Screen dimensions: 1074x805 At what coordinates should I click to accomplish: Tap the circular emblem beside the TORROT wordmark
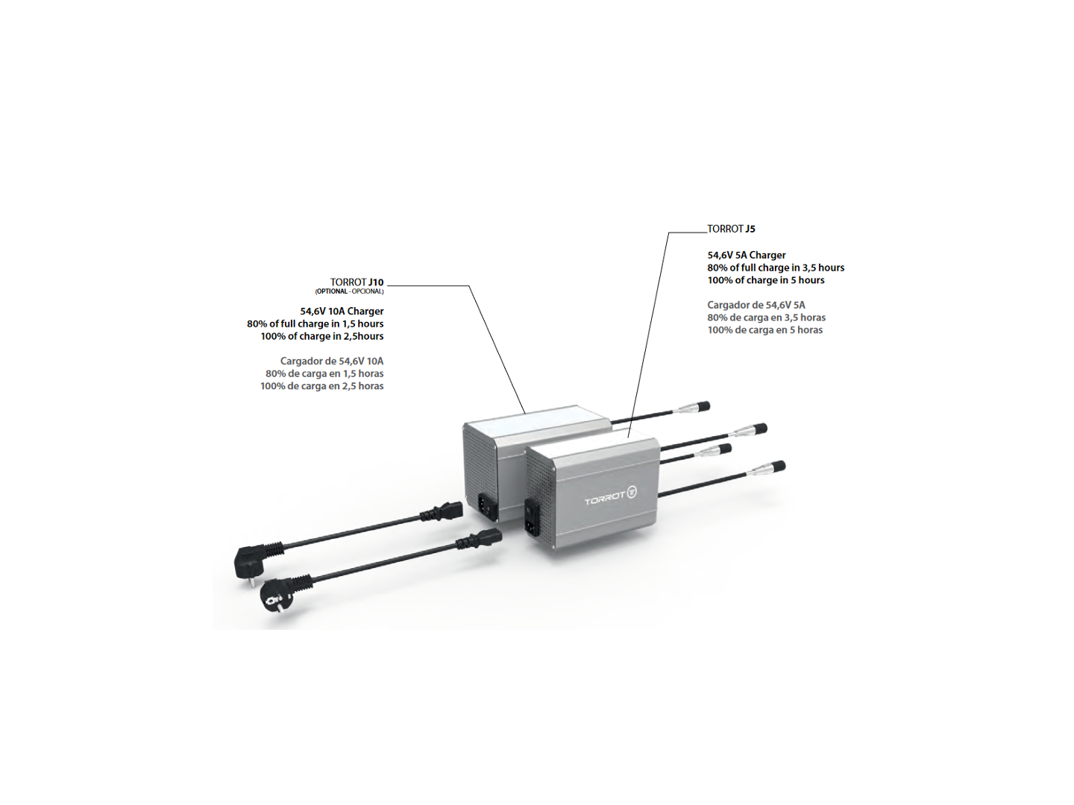632,493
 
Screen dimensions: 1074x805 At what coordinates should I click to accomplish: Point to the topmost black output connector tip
703,405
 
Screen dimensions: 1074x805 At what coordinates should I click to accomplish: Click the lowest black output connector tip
778,467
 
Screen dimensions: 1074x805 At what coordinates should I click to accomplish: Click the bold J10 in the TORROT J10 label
376,282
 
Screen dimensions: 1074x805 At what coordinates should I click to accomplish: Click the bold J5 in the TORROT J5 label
750,229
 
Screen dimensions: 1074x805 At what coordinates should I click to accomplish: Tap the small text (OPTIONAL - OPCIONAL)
349,291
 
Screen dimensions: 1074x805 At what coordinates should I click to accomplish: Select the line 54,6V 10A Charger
342,312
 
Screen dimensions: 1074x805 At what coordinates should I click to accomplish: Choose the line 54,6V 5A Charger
746,255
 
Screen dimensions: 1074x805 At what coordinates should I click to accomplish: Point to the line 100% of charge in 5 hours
766,280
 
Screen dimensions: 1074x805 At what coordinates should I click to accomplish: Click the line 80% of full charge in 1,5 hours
315,323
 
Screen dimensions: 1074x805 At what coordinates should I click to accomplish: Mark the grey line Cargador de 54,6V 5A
756,305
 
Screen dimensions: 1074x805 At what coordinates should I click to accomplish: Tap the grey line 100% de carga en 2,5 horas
322,386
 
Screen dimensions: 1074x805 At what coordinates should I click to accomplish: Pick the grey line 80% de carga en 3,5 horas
766,318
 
